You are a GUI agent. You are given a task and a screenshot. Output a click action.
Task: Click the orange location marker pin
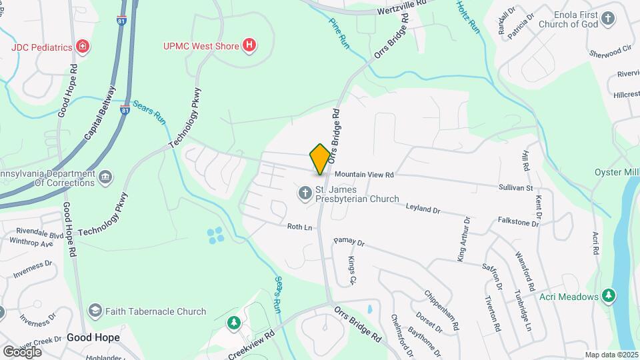coord(320,159)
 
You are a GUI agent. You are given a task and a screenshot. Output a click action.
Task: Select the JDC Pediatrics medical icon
coord(83,47)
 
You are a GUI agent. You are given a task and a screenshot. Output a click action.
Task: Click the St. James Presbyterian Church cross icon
coord(305,193)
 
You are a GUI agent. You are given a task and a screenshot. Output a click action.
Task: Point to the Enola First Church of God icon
coord(608,18)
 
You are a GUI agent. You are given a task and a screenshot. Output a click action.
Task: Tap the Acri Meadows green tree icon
coord(608,295)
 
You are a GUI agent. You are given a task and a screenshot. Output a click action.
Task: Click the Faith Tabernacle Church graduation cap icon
coord(95,311)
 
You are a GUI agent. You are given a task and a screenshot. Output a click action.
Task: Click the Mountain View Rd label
coord(365,175)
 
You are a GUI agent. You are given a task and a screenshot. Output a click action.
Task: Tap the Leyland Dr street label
coord(423,209)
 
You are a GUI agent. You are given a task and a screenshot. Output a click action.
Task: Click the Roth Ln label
coord(299,227)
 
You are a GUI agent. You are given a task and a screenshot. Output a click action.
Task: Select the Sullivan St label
coord(515,188)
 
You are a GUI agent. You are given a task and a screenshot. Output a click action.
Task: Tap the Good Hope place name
coord(93,337)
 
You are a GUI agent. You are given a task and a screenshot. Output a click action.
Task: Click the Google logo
coord(22,351)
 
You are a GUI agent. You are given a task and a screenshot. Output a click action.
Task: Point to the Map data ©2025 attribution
coord(611,355)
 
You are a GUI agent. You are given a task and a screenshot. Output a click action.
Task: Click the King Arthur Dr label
coord(462,238)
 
